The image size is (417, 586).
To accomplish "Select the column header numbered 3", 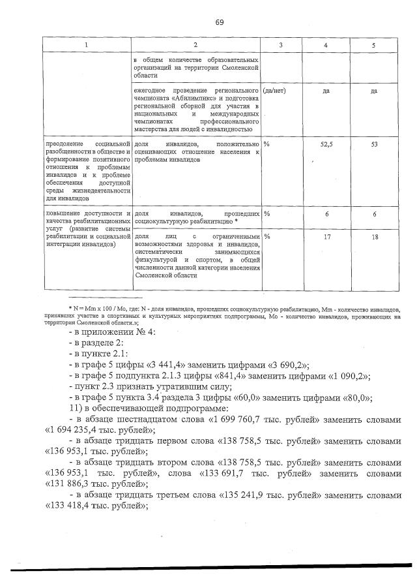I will [280, 45].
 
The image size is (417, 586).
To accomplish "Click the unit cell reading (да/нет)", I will [274, 91].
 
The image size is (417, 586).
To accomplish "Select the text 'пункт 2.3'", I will [95, 387].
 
